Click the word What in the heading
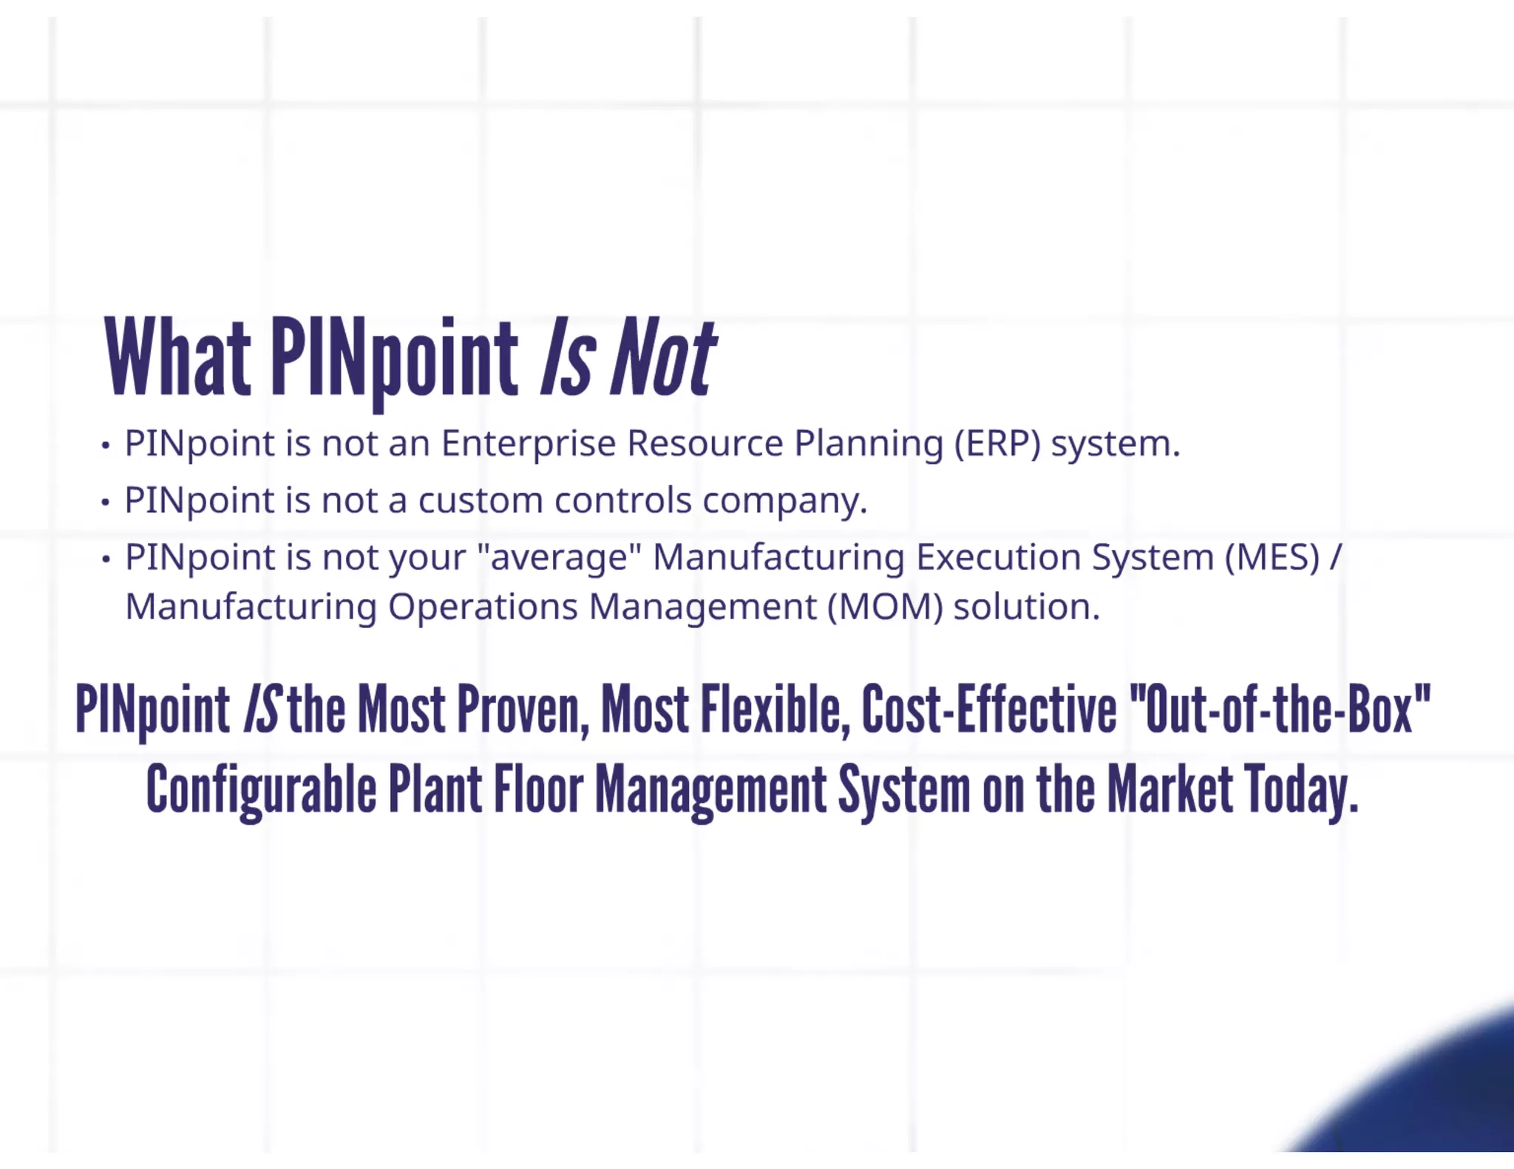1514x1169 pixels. (x=177, y=358)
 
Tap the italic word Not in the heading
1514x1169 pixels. (x=662, y=358)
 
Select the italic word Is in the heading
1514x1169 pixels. (x=567, y=358)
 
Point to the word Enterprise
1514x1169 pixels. (x=529, y=444)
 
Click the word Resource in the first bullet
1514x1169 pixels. (x=705, y=444)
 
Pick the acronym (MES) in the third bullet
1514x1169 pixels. (x=1272, y=558)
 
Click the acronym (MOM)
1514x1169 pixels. (x=885, y=607)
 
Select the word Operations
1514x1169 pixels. (x=483, y=607)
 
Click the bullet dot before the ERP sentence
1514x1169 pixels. (x=106, y=446)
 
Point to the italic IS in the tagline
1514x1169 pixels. (x=262, y=709)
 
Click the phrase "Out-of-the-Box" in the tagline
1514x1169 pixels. (x=1280, y=709)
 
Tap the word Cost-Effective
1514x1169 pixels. (x=989, y=709)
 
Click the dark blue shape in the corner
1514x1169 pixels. (x=1442, y=1101)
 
